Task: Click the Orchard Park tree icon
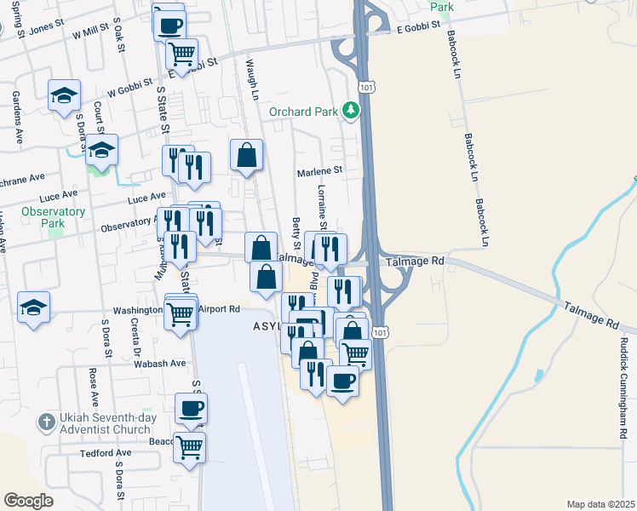point(349,111)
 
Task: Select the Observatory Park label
point(53,217)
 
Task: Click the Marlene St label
point(318,170)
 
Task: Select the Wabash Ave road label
point(159,363)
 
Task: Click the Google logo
point(28,500)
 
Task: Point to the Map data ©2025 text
point(600,504)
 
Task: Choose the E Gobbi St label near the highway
point(417,27)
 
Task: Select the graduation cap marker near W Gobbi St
point(63,97)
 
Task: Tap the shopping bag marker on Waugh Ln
point(246,156)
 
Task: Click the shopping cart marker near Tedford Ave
point(189,446)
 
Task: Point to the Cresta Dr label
point(135,337)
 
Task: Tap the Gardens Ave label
point(15,108)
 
